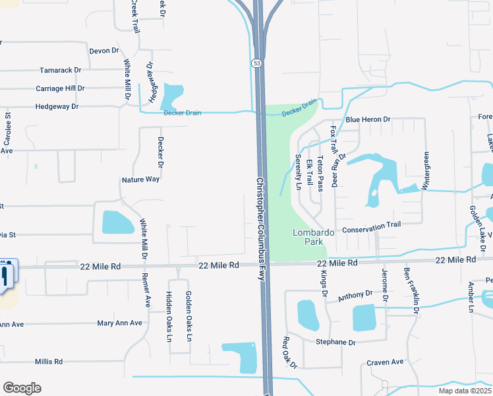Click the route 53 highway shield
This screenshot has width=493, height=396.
[x=256, y=63]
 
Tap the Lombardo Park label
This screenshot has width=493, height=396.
[x=314, y=237]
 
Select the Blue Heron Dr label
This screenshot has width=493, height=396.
[x=368, y=119]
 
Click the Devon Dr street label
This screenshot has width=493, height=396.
[x=104, y=50]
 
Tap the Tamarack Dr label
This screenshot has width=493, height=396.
[x=60, y=69]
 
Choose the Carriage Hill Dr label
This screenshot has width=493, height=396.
[x=61, y=88]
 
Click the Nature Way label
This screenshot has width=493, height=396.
[x=140, y=179]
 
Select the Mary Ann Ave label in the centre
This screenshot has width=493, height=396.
[x=119, y=323]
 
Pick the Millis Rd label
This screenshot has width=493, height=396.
[x=49, y=361]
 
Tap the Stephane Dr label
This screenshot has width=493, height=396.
[x=335, y=342]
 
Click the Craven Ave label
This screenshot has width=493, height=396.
[x=385, y=362]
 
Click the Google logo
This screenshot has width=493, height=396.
[x=22, y=387]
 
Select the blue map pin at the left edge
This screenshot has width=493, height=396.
[x=6, y=275]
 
